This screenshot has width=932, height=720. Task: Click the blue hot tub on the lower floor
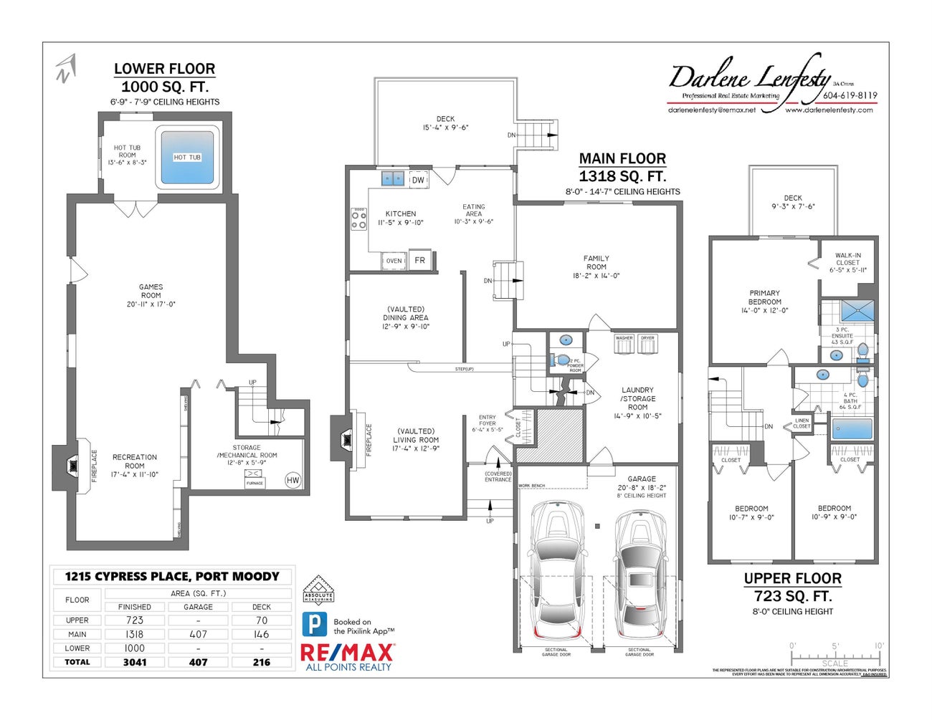point(187,157)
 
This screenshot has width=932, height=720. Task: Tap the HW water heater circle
point(293,480)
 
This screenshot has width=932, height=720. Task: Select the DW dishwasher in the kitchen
point(418,180)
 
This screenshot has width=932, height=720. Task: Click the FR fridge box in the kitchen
point(419,260)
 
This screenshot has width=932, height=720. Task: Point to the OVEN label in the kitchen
point(394,261)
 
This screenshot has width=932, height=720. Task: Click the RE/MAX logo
point(348,653)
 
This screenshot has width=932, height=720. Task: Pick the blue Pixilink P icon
point(314,625)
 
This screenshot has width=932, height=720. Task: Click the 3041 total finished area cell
point(135,662)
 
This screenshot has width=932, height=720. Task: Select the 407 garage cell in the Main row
point(198,634)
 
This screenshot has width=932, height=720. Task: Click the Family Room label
point(596,262)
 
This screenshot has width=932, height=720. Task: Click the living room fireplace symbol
point(347,437)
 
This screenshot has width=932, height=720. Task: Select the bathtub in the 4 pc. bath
point(852,430)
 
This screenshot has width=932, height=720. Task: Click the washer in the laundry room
point(624,345)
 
